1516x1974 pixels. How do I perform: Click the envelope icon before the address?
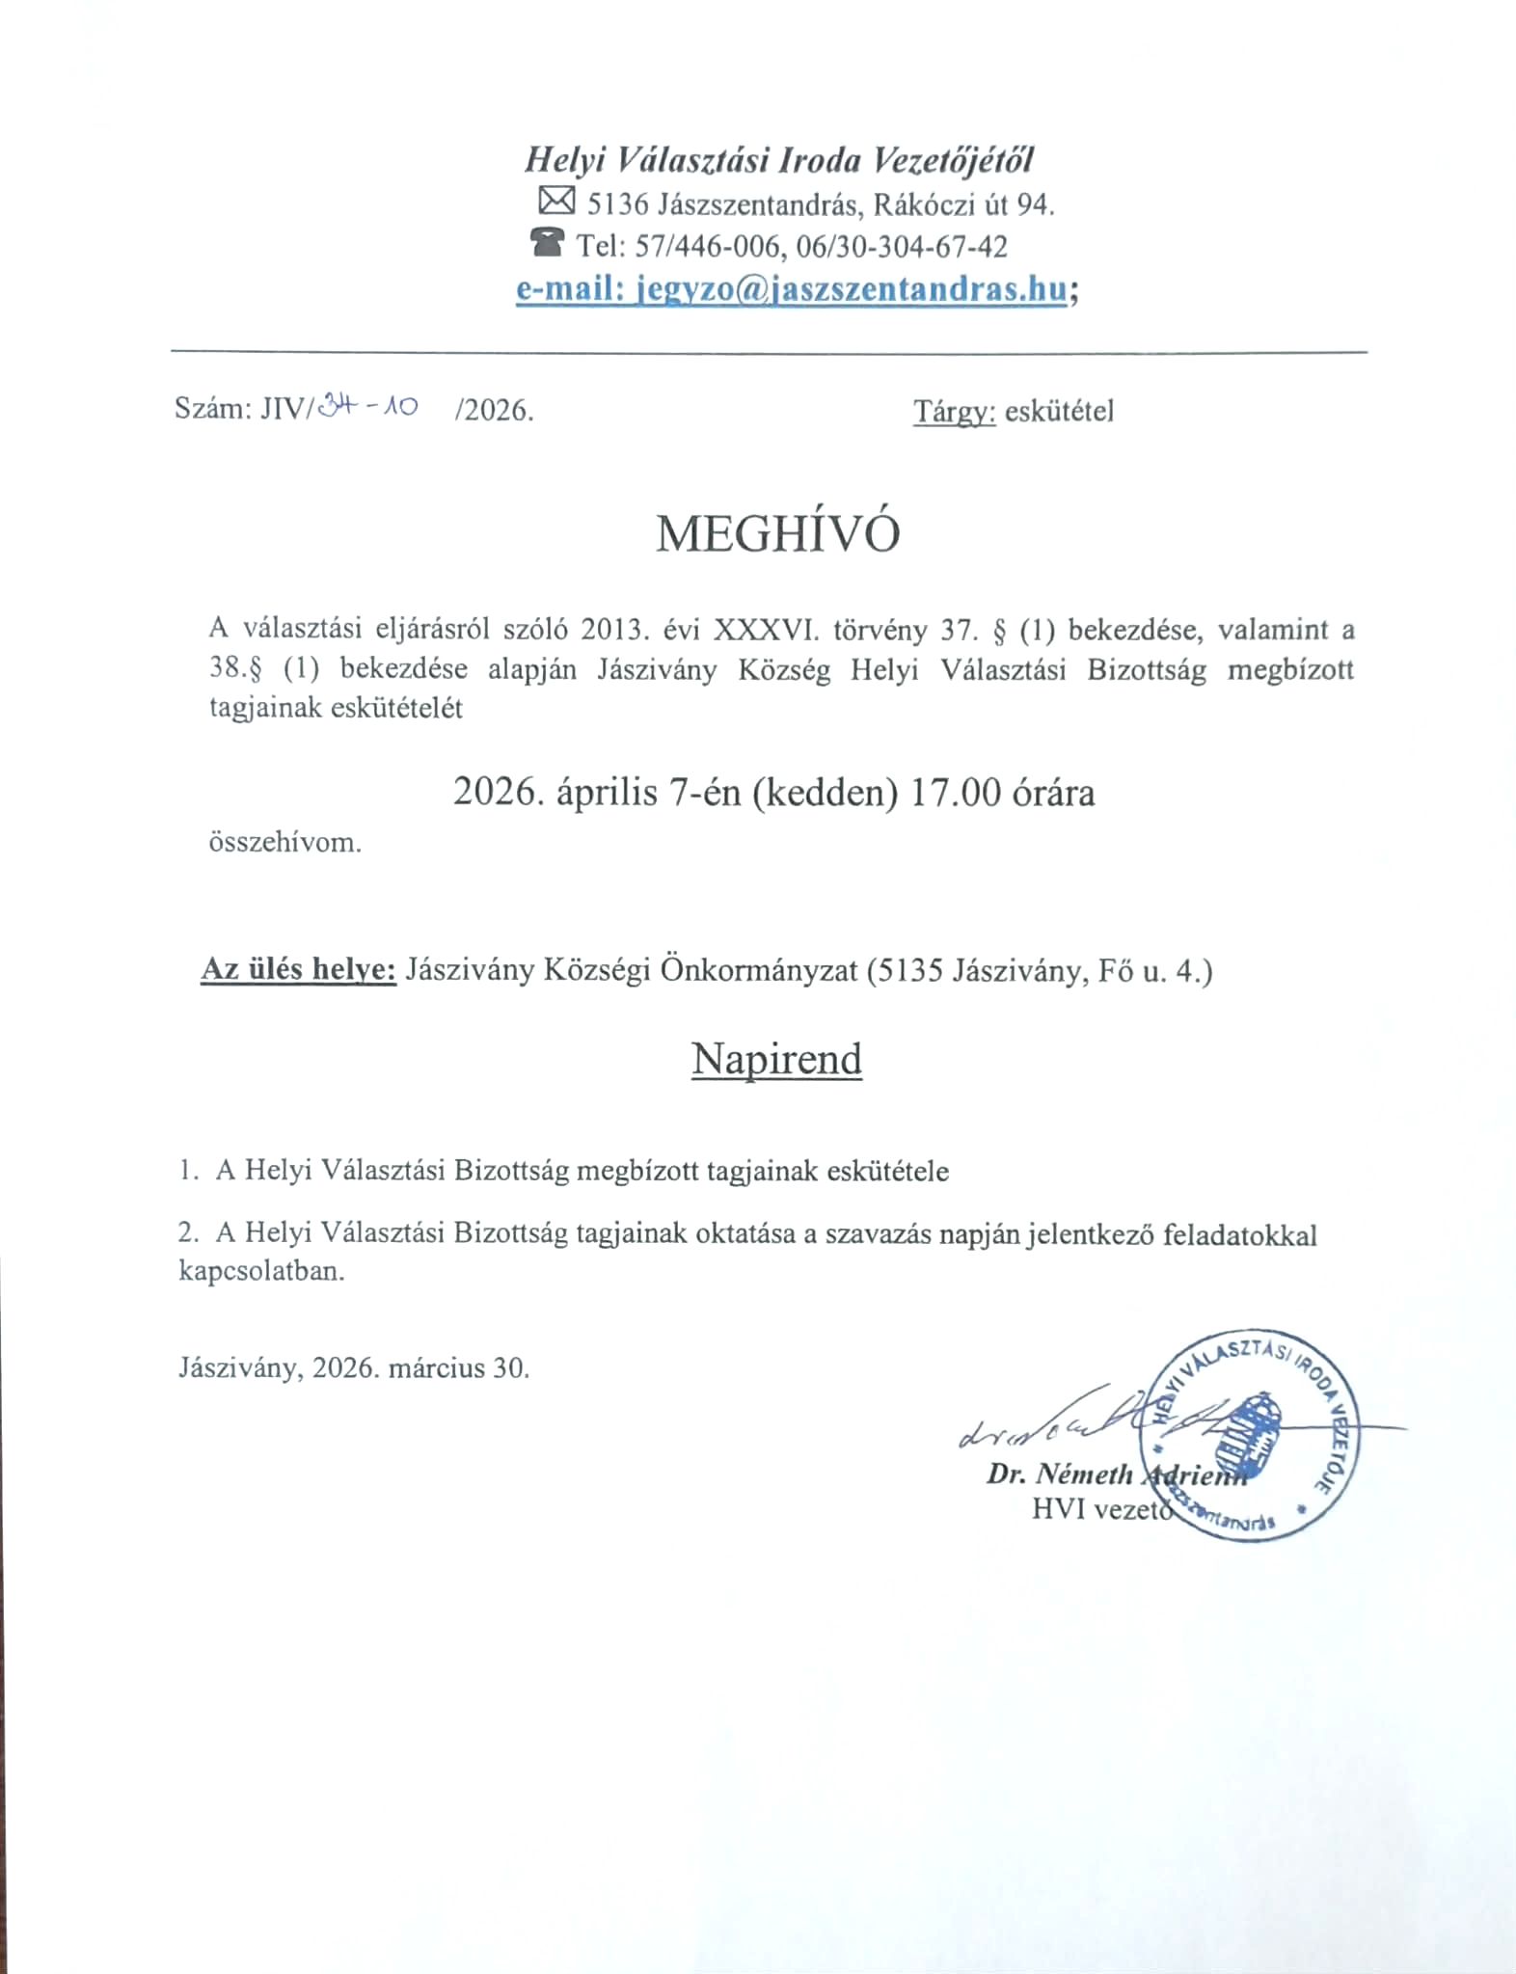click(x=556, y=201)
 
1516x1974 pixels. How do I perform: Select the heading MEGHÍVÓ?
click(x=777, y=533)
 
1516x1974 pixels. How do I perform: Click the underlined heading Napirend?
click(x=776, y=1059)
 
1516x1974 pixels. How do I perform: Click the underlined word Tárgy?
click(x=954, y=412)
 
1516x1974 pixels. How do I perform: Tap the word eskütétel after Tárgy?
click(x=1059, y=412)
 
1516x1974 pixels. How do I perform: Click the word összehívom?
click(x=285, y=842)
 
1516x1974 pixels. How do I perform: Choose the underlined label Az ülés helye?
click(x=298, y=969)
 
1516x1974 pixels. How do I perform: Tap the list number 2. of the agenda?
click(x=188, y=1233)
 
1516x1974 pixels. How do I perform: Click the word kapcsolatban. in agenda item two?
click(x=261, y=1270)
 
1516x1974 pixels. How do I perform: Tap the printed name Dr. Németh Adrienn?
click(x=1116, y=1474)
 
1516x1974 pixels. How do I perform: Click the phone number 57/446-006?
click(x=706, y=247)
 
